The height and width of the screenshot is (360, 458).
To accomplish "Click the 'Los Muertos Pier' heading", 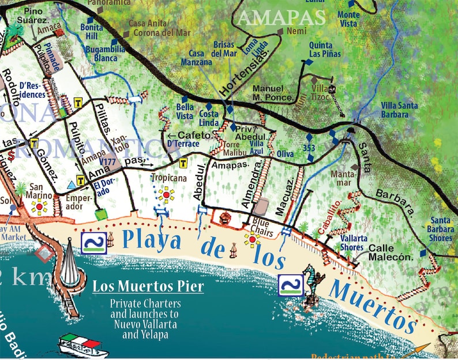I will [x=148, y=286].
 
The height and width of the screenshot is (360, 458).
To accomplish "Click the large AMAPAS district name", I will [x=281, y=17].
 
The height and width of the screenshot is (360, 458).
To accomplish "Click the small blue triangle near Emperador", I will [x=71, y=184].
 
